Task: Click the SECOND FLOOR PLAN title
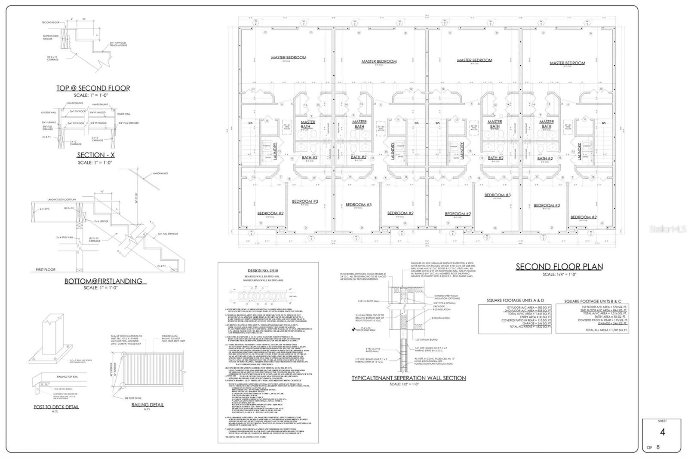pos(559,266)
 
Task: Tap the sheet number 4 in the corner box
pos(662,432)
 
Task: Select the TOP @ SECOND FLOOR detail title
pos(93,88)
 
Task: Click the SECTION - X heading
pos(91,155)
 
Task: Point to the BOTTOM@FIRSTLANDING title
pos(103,281)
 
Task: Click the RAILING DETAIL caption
pos(147,405)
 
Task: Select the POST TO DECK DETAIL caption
pos(56,407)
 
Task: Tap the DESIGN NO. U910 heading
pos(267,270)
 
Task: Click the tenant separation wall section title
pos(408,378)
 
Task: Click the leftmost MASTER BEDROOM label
pos(289,58)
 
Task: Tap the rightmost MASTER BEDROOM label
pos(567,63)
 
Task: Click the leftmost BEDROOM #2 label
pos(270,214)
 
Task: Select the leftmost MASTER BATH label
pos(308,124)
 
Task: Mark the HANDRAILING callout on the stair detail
pos(160,173)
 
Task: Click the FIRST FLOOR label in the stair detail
pos(46,270)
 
